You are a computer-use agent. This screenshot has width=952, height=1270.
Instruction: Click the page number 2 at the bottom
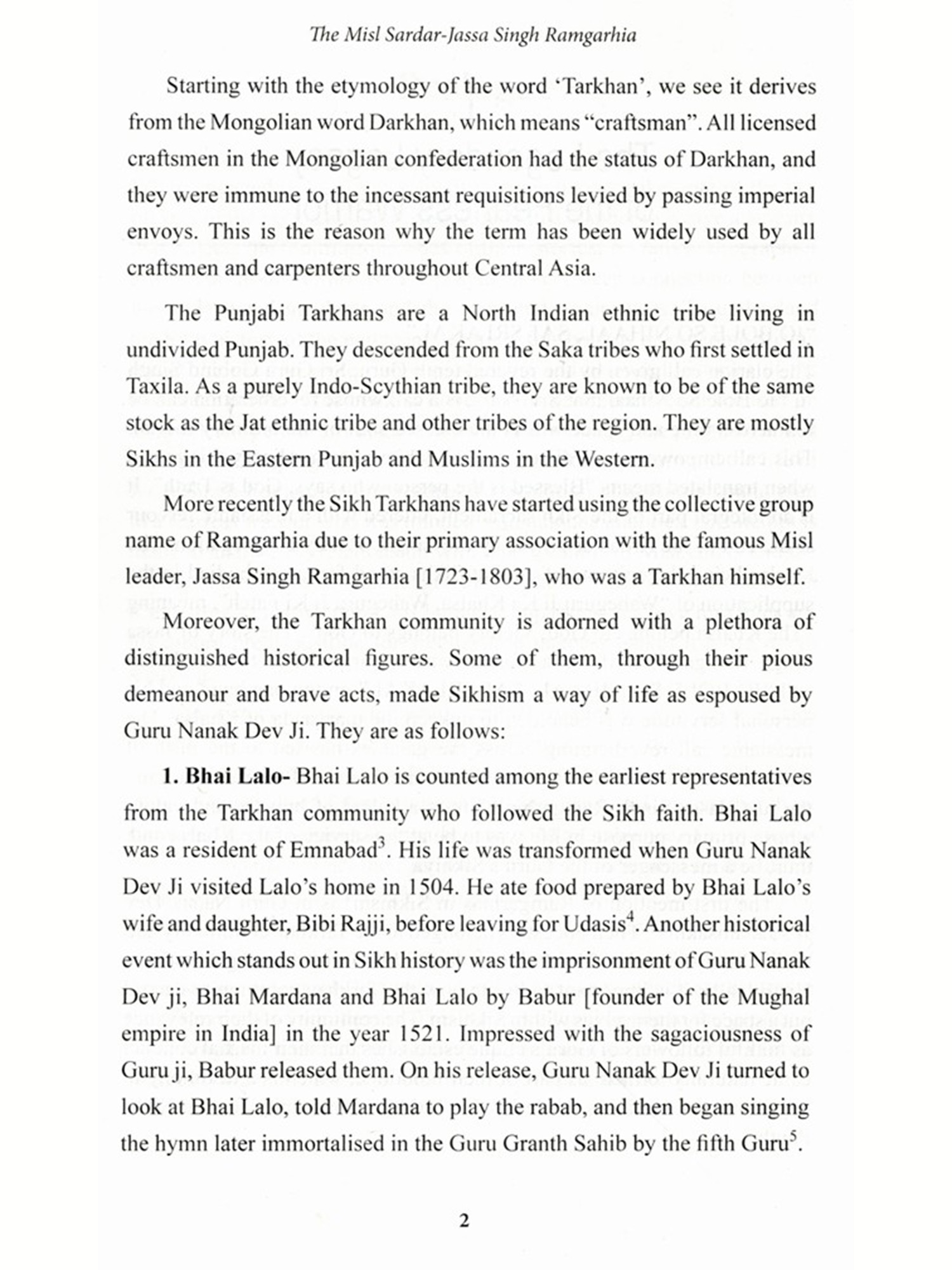pyautogui.click(x=464, y=1220)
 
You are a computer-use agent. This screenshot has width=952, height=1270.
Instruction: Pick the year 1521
pyautogui.click(x=423, y=1034)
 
